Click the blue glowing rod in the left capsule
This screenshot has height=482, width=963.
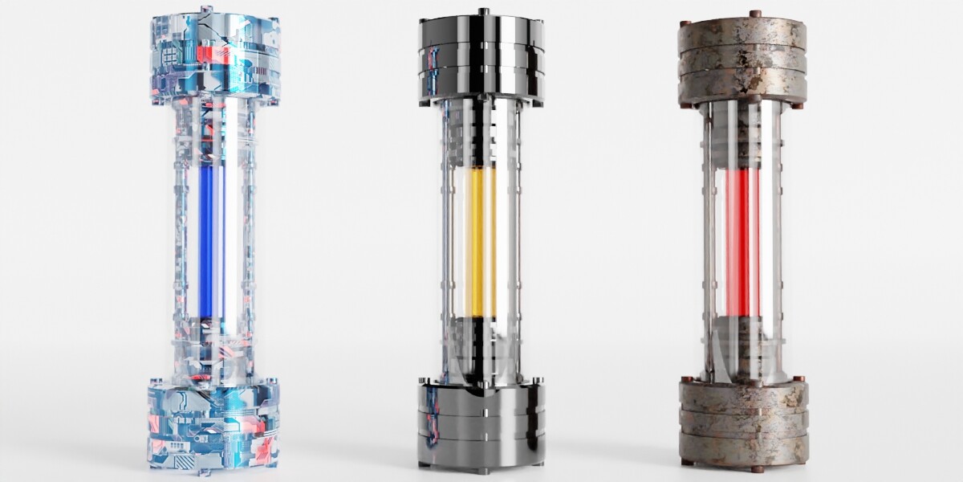[x=206, y=241]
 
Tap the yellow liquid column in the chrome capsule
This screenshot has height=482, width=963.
[x=479, y=241]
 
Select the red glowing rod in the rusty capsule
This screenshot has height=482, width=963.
[x=742, y=241]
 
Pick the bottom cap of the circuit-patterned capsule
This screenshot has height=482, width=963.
[x=213, y=426]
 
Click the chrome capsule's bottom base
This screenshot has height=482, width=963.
[x=481, y=422]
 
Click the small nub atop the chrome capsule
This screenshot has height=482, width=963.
[x=482, y=11]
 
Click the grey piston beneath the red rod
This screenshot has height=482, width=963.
[x=742, y=341]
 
